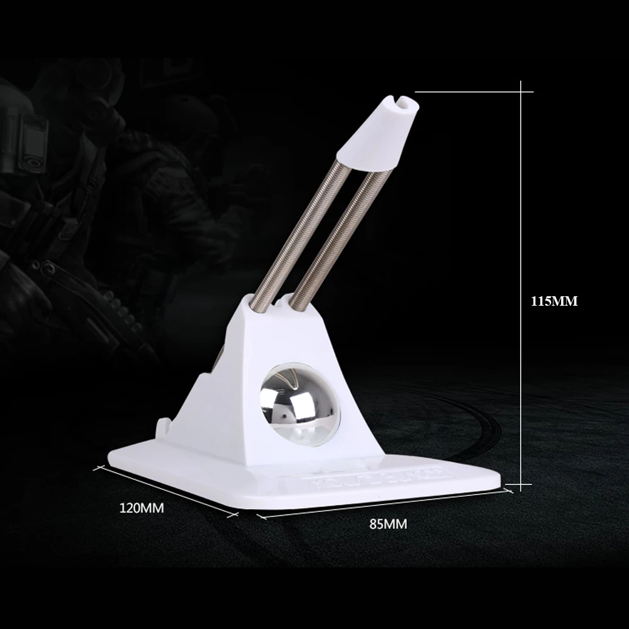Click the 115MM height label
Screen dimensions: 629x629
tap(554, 301)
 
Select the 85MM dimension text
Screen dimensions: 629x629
tap(388, 524)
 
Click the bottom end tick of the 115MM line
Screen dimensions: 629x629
tap(521, 484)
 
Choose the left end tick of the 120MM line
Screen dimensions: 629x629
tap(97, 469)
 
